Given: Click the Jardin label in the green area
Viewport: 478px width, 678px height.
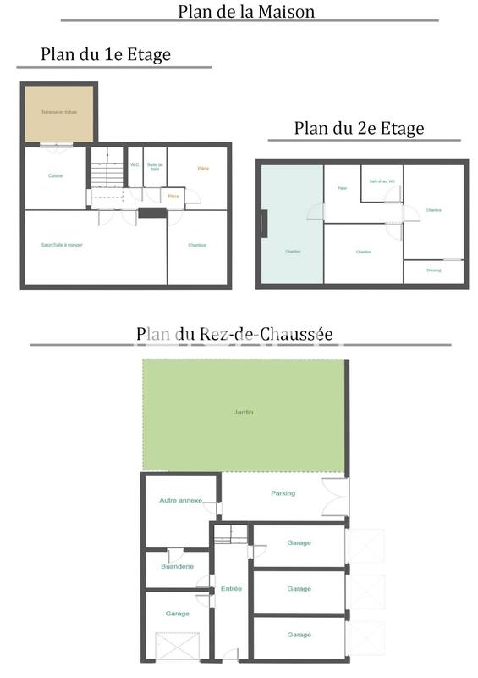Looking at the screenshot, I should pos(244,413).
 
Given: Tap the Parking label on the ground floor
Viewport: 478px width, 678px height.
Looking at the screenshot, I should pos(283,493).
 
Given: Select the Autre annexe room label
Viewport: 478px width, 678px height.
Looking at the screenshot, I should pos(181,501).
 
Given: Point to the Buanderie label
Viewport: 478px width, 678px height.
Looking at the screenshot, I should pos(177,566).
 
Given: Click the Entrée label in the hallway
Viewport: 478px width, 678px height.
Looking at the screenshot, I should pos(231,588).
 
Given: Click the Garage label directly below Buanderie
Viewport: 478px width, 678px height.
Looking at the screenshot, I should pos(177,613).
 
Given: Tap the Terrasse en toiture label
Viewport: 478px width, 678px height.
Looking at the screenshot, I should pos(58,112).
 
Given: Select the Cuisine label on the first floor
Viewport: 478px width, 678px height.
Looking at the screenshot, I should pos(55,175).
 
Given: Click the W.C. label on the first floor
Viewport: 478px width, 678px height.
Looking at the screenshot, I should pos(135,165).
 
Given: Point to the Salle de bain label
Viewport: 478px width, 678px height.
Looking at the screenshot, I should pos(155,167).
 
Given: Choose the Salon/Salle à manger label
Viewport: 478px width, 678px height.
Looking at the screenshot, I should pos(62,245).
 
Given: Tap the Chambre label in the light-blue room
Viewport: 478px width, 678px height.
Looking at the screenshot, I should pos(293,252).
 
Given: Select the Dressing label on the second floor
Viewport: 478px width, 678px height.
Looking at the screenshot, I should pos(433,270).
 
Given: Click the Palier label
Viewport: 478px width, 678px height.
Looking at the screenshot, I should pos(343,188).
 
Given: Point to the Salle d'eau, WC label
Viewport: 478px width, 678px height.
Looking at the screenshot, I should pos(382,181).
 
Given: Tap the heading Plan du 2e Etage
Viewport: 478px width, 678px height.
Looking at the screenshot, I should pos(359,129).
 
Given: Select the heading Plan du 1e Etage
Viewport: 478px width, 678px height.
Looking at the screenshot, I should pos(106,55).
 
